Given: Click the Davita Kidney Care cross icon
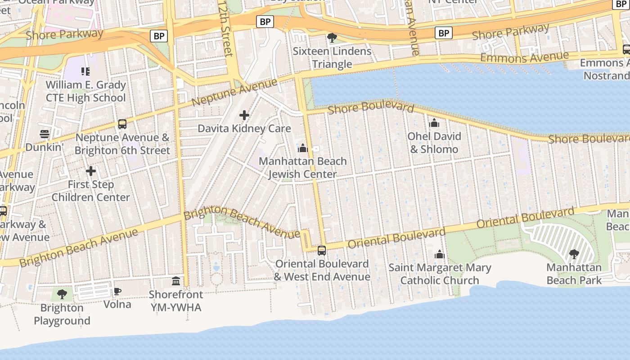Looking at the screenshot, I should tap(244, 116).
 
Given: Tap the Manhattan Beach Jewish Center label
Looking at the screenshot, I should tap(303, 167).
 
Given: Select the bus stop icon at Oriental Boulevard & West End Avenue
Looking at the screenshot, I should tap(322, 251).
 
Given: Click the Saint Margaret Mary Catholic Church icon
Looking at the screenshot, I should tap(440, 255).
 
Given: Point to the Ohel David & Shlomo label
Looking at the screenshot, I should tap(434, 143).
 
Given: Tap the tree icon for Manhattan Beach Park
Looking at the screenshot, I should tap(574, 254).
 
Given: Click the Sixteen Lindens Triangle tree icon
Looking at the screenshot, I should tap(332, 38).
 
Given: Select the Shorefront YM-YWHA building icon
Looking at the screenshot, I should tap(176, 281).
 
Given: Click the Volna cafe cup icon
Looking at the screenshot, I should tap(117, 291).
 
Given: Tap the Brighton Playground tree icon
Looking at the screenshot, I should tap(62, 294).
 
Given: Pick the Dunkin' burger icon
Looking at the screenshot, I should tap(44, 134).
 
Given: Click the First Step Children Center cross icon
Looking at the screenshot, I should tap(91, 171).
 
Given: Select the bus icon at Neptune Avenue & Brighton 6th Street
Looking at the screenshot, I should tap(122, 124).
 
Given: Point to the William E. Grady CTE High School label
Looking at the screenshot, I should tap(85, 91).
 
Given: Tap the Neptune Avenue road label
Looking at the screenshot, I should tap(234, 92).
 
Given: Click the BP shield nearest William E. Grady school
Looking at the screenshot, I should tap(159, 36).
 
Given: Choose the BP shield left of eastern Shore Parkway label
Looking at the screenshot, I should tap(444, 33).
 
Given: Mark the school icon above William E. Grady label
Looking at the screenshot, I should tap(85, 71).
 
